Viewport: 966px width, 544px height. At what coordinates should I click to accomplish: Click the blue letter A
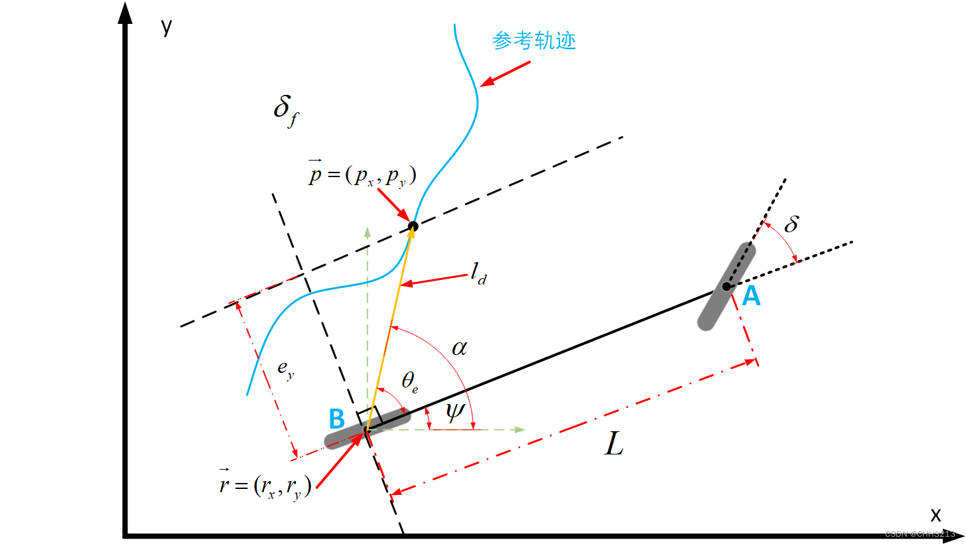pyautogui.click(x=751, y=297)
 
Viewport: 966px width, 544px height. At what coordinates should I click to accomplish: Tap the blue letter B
pyautogui.click(x=337, y=418)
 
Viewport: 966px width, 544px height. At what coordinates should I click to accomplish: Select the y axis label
pyautogui.click(x=167, y=28)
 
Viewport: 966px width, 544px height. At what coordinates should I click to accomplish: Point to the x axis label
pyautogui.click(x=935, y=514)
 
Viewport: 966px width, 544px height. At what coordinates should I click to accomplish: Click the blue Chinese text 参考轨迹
pyautogui.click(x=534, y=41)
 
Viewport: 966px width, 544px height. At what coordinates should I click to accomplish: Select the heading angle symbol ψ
pyautogui.click(x=455, y=413)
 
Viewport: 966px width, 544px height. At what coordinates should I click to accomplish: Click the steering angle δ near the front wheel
pyautogui.click(x=791, y=225)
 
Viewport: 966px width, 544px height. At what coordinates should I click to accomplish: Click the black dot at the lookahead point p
pyautogui.click(x=412, y=227)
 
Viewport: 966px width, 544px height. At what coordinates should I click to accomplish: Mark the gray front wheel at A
pyautogui.click(x=726, y=286)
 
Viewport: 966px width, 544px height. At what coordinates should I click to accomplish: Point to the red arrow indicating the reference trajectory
pyautogui.click(x=504, y=74)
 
